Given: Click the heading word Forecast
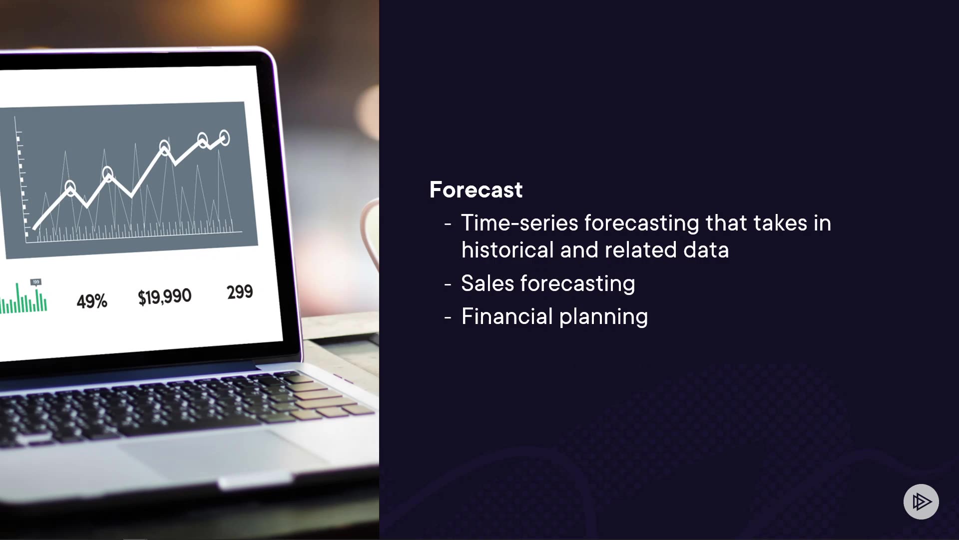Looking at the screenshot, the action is click(x=476, y=190).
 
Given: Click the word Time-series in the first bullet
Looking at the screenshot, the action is click(x=519, y=223).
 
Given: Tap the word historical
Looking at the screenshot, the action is click(x=507, y=250).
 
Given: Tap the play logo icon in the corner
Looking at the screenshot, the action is click(x=921, y=501).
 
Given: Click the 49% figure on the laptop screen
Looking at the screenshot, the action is click(x=92, y=301).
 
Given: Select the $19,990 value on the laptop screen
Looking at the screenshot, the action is click(x=165, y=296).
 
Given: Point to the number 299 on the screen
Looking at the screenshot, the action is click(x=240, y=292).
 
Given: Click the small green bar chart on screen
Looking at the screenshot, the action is click(x=23, y=298).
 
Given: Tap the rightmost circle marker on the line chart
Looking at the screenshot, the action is click(x=224, y=138).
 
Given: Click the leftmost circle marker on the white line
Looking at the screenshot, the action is click(x=70, y=188).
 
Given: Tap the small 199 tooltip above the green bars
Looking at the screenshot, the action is click(x=36, y=282).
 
